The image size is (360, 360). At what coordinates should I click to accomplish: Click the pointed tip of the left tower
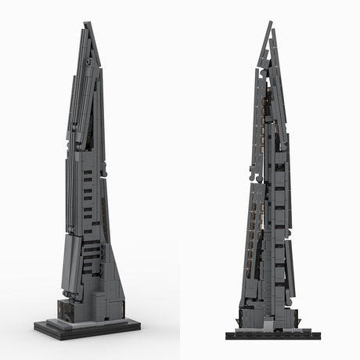tap(85, 23)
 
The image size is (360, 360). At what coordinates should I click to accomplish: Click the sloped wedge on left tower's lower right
tap(113, 274)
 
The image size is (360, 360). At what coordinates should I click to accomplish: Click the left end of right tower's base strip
tap(228, 335)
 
